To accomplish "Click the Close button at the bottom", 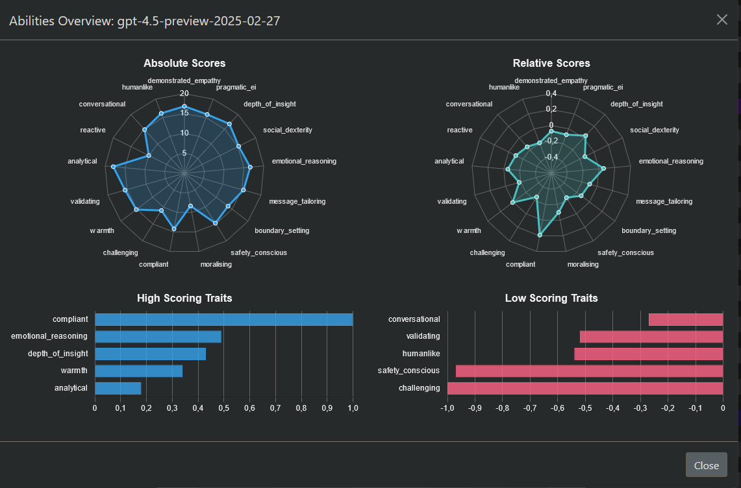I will (706, 465).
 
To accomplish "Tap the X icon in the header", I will (722, 19).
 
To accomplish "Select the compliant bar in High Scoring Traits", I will (223, 319).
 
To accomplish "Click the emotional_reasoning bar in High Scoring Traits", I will (158, 336).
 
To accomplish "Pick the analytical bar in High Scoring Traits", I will (118, 388).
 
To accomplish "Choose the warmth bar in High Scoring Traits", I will (138, 371).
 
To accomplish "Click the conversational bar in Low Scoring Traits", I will (686, 319).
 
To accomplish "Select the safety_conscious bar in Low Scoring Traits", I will (589, 371).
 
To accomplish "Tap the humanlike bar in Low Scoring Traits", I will (649, 354).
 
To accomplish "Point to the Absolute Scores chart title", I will (184, 63).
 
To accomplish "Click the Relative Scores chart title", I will (551, 63).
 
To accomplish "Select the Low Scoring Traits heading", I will (551, 299).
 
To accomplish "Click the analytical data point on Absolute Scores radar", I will (114, 167).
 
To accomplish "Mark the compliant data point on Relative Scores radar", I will (540, 235).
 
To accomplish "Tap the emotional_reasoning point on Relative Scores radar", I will (603, 169).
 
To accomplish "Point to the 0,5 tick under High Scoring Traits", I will (224, 408).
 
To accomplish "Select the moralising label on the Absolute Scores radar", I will (216, 264).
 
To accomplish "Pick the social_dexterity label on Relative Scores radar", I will (654, 130).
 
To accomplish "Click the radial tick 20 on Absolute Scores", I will (184, 93).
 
